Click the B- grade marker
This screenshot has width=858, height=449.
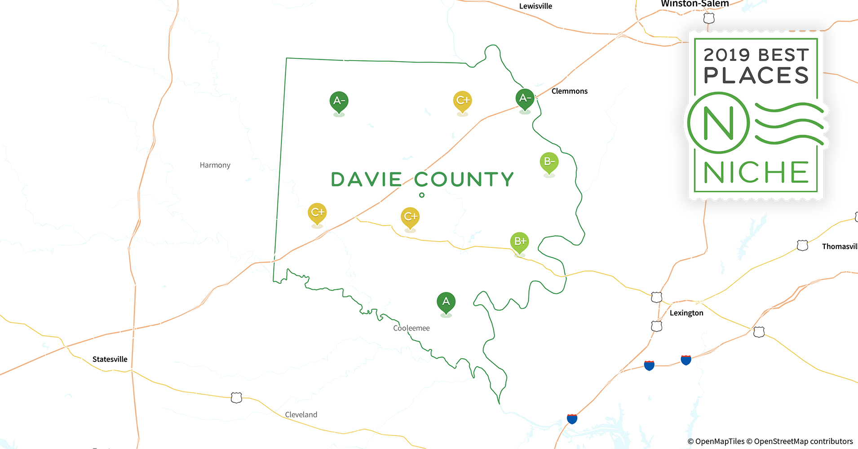(549, 162)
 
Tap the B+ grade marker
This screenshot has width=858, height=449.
(519, 242)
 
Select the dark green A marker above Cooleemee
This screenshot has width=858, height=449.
(446, 302)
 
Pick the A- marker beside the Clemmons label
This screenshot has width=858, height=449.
(525, 98)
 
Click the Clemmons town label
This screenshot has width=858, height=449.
(569, 91)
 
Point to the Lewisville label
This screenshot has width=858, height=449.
(535, 6)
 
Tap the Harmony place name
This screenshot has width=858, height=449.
(215, 165)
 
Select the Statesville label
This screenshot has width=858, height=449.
(110, 359)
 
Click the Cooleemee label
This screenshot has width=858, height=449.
(411, 328)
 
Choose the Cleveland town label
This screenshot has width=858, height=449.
(301, 415)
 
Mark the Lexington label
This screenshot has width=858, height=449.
(686, 313)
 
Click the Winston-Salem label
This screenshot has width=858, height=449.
(694, 4)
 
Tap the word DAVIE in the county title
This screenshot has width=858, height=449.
(366, 180)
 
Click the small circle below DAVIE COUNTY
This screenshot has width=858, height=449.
(422, 195)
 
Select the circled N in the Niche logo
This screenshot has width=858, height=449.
(718, 123)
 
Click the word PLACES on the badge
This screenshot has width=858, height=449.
(756, 75)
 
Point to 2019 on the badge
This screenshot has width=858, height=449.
(726, 55)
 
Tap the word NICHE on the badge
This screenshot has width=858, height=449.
(756, 172)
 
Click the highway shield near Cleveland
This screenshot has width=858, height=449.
(236, 398)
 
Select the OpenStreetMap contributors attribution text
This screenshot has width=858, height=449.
(803, 441)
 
